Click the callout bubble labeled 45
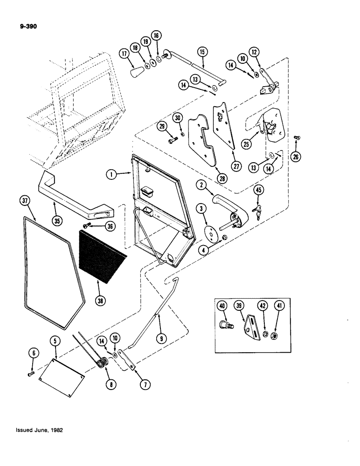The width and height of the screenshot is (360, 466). coord(258,190)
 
